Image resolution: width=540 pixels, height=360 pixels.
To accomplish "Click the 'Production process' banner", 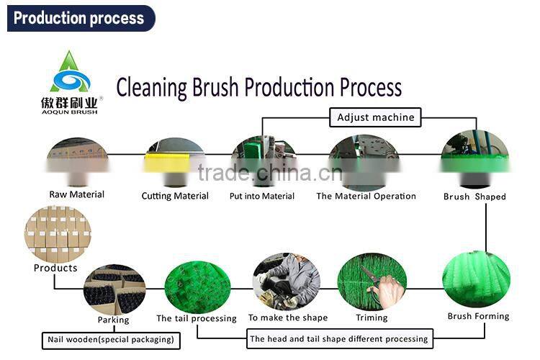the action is pos(81,18).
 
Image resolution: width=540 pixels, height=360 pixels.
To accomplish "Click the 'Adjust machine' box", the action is pos(375,117).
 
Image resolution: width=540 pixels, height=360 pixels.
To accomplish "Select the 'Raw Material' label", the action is pos(77,194).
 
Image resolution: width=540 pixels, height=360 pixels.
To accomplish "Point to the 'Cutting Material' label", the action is pos(175,196).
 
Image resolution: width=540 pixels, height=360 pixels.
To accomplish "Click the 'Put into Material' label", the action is pos(262,196).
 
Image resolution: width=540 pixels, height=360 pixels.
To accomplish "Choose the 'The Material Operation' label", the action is pos(366,196).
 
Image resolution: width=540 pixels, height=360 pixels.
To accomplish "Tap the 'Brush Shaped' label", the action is pos(474,197).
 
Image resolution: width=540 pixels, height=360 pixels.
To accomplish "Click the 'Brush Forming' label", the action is pos(478,316).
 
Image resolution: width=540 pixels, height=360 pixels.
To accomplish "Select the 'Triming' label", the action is pos(372,318).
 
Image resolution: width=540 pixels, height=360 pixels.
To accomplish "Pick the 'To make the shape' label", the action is pos(288,318).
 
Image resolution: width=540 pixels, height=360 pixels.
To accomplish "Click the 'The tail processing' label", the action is pos(197,318).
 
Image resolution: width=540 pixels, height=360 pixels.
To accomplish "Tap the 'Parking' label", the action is pos(113,320).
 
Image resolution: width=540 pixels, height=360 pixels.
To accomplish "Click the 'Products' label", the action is pos(55,268).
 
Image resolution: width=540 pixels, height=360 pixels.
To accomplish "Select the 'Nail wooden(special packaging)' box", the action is pos(111,340).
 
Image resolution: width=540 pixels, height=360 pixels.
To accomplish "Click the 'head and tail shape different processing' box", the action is pos(340,338).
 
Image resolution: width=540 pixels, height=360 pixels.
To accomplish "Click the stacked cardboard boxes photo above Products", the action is pos(58,234).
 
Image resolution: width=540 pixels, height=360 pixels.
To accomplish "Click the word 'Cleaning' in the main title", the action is pos(151,87).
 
